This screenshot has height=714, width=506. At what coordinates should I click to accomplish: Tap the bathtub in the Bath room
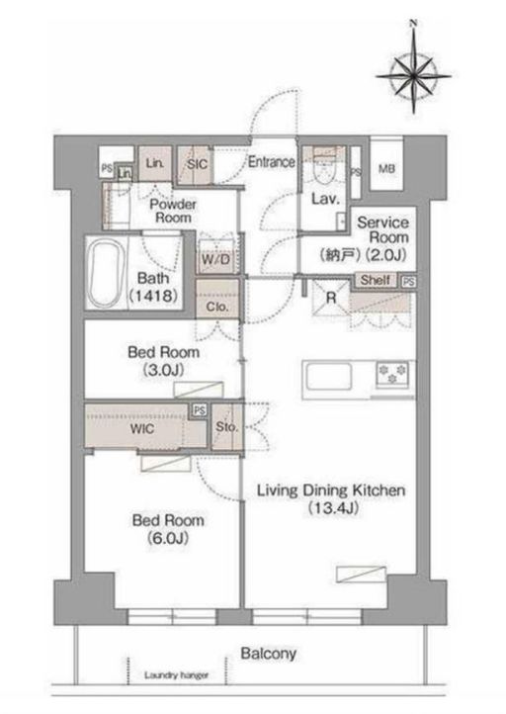105,272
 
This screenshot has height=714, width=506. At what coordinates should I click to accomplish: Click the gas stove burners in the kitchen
392,374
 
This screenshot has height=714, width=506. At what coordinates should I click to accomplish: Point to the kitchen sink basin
328,377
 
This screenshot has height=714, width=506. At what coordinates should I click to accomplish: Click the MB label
386,169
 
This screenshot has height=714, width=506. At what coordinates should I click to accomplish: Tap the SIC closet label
197,164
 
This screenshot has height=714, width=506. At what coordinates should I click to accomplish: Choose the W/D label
215,260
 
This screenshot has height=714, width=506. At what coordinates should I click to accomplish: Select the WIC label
142,429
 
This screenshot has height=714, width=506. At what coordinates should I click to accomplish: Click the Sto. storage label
226,427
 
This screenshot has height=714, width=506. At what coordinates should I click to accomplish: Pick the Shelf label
375,280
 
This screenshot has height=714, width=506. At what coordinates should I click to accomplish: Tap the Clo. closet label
217,307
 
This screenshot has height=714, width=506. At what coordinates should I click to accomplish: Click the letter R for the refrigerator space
331,299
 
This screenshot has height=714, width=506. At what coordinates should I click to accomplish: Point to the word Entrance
271,161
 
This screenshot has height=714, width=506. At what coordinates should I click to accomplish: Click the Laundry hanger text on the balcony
176,675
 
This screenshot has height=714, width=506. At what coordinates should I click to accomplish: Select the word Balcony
269,654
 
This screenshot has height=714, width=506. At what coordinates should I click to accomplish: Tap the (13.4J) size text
333,507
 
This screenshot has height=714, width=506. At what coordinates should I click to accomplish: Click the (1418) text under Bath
153,297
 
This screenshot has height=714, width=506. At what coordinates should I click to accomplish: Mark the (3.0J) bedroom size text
163,370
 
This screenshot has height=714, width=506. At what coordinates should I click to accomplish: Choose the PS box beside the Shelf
408,282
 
